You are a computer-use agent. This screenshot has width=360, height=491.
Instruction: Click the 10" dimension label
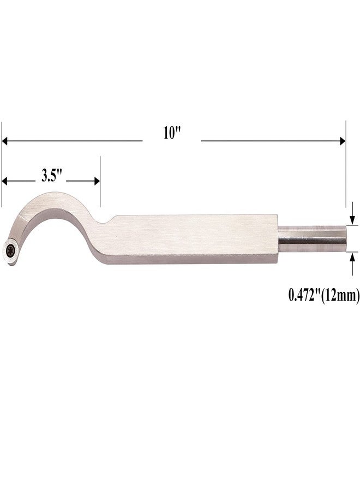[x=172, y=133]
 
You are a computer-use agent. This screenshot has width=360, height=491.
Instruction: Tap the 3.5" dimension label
[x=50, y=176]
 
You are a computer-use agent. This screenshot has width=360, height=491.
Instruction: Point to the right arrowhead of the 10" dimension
[x=342, y=141]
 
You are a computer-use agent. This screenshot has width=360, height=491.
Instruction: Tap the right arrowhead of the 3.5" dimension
[x=97, y=181]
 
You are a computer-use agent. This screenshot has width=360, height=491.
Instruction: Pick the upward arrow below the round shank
[x=353, y=264]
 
